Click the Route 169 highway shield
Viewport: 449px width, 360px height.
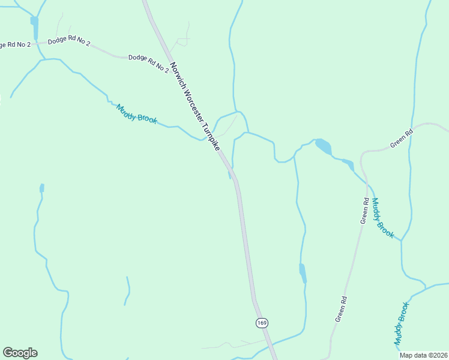pos(261,323)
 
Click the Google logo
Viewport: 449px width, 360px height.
pos(20,353)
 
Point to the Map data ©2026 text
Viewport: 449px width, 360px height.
pos(424,355)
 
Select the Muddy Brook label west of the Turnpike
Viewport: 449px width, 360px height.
pos(137,114)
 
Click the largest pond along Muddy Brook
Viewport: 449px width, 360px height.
pos(324,146)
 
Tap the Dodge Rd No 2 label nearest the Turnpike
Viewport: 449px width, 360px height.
pos(148,63)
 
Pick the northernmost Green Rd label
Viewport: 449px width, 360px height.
pos(402,138)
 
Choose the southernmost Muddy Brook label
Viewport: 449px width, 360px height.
pos(401,324)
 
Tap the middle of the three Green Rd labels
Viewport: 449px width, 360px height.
pos(364,211)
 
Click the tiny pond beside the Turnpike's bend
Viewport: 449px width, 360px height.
pos(229,175)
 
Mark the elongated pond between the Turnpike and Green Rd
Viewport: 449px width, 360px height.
pos(303,273)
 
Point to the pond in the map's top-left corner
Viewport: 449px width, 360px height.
pos(34,26)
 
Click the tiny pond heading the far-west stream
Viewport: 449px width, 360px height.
pos(42,188)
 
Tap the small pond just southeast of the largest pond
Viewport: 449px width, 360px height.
pos(348,164)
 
